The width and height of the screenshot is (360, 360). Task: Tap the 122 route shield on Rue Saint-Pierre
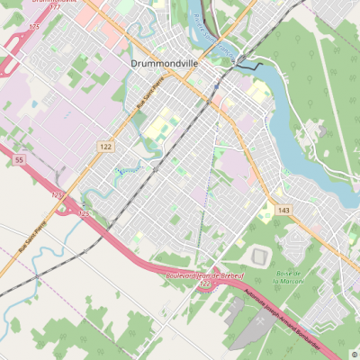click(106, 146)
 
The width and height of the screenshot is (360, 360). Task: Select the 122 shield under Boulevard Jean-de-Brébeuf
click(204, 283)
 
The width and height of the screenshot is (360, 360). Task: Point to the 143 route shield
click(283, 210)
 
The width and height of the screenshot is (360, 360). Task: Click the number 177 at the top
click(56, 6)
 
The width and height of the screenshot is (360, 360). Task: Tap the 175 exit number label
click(34, 27)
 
